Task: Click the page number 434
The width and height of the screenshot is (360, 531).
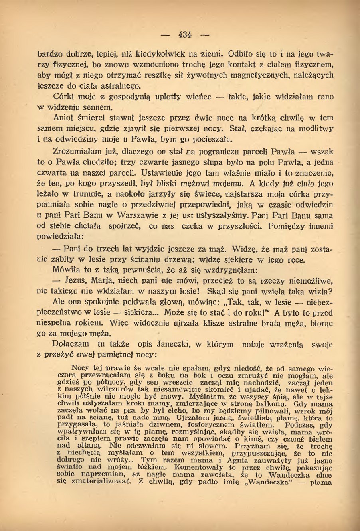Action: click(185, 34)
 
